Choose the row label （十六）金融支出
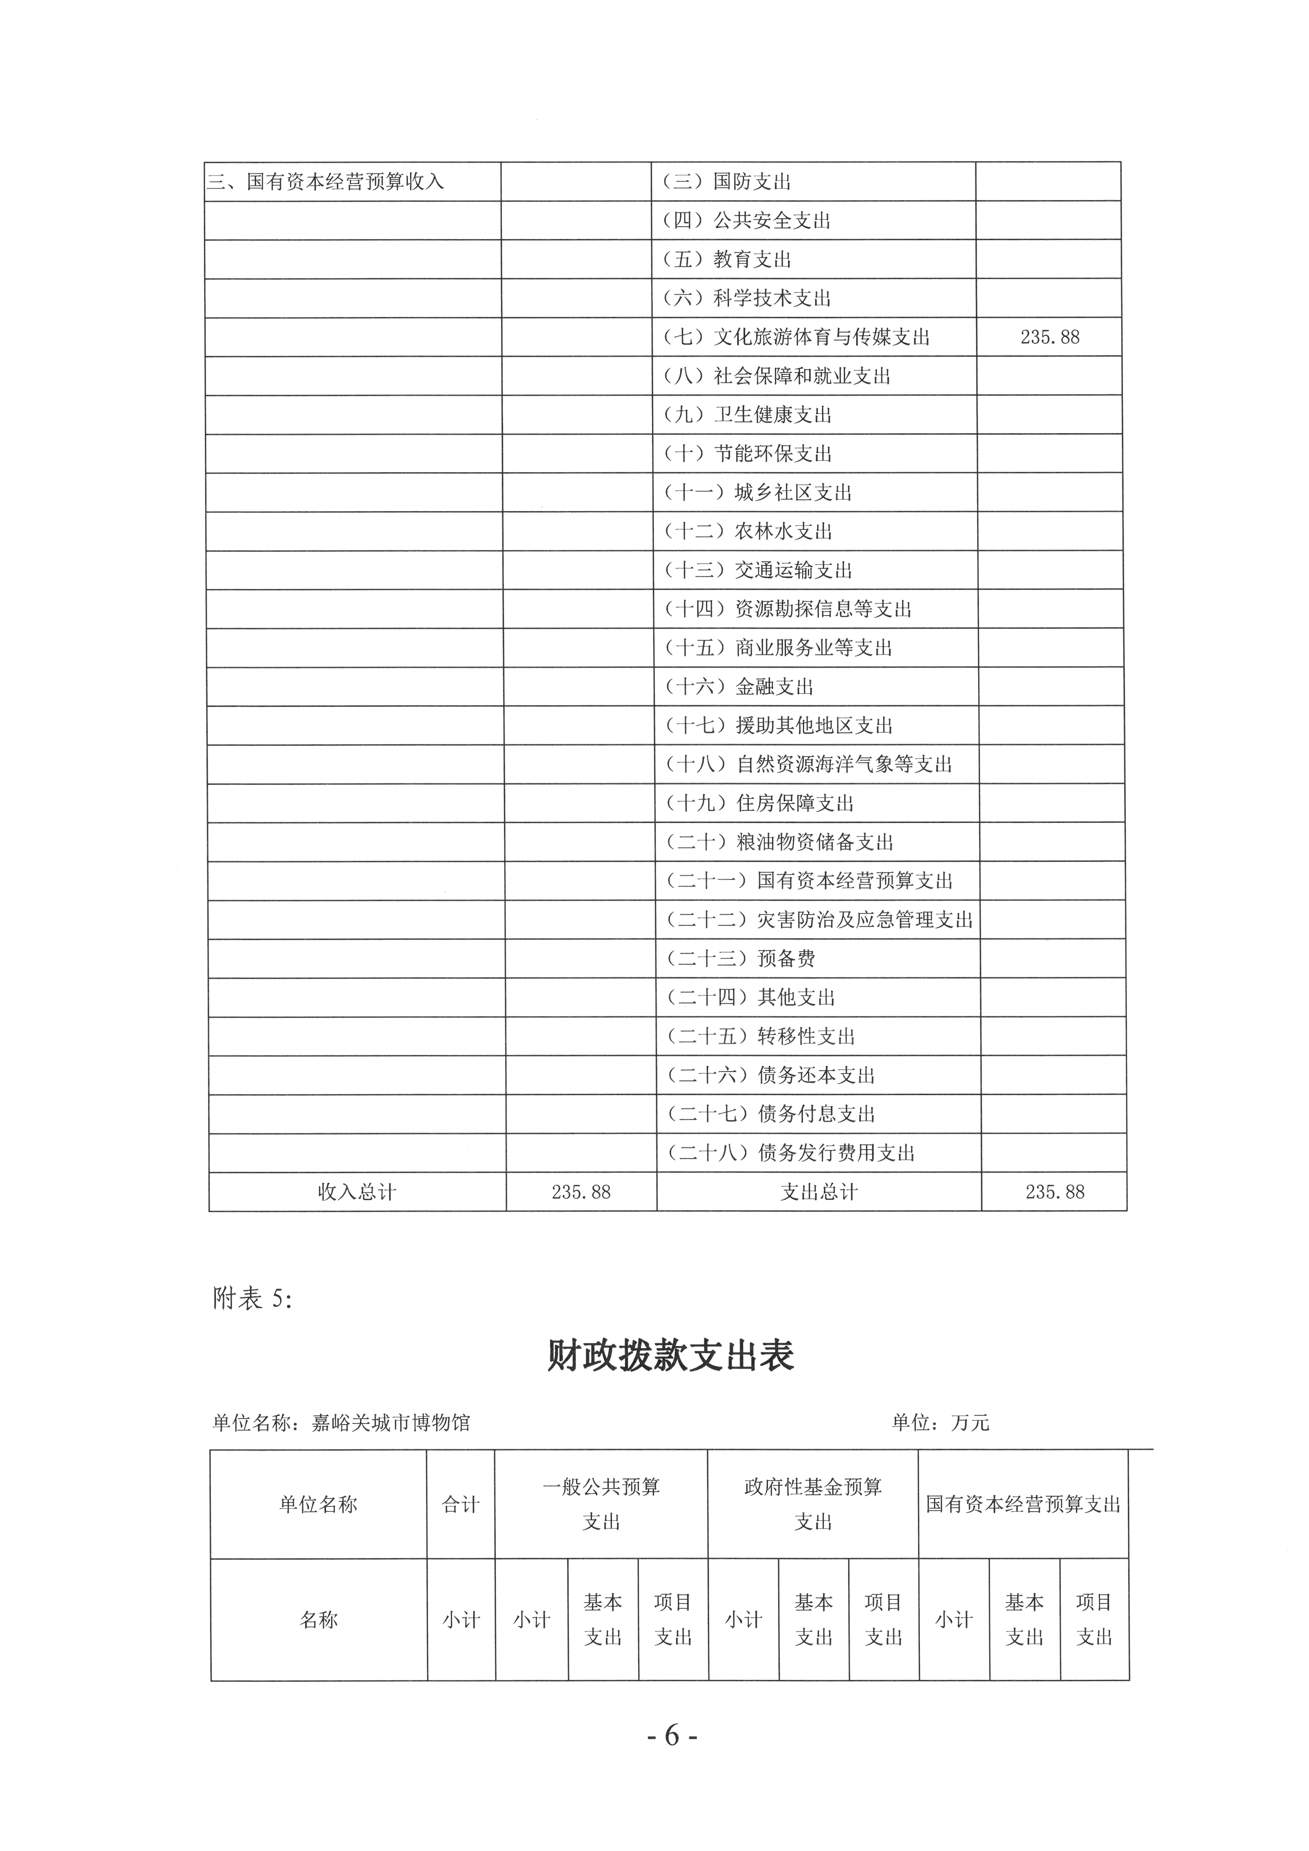(739, 687)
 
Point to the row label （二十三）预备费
(740, 959)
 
